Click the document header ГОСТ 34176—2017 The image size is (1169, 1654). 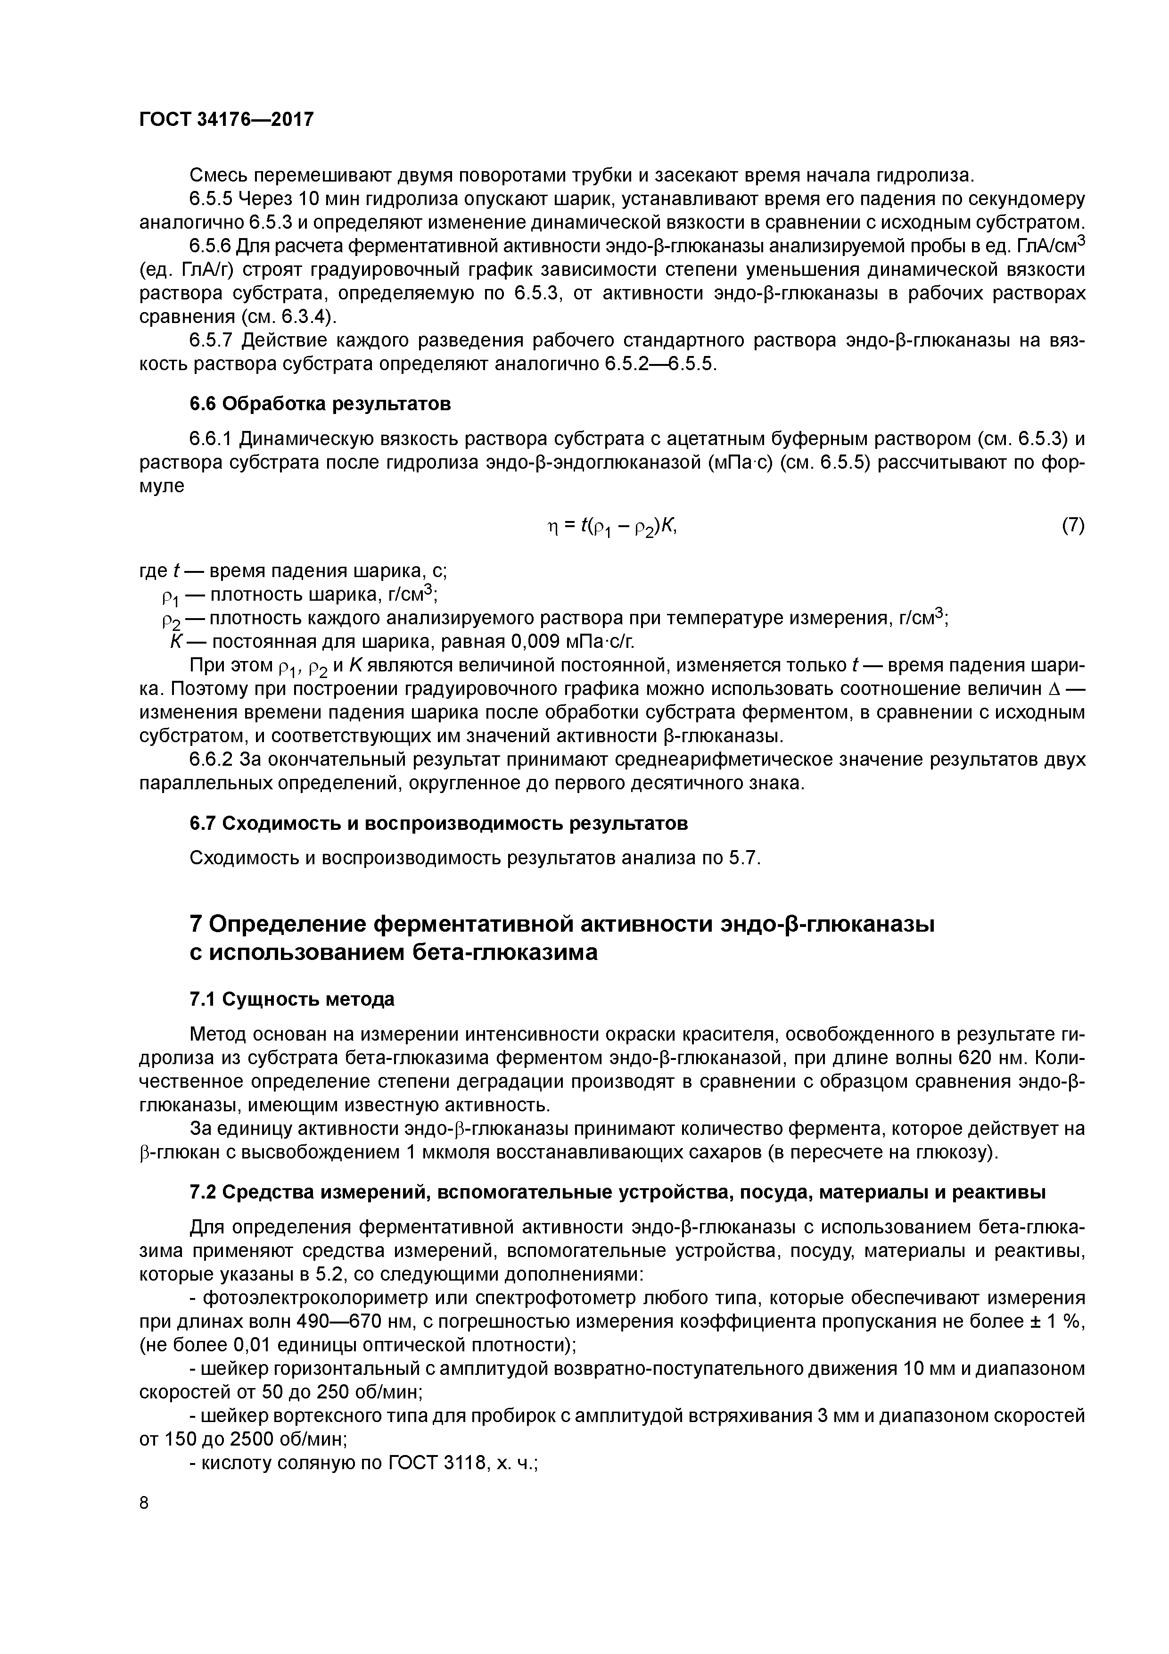coord(226,119)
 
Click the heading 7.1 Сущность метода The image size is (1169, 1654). coord(292,999)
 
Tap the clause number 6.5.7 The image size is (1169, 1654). coord(212,340)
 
